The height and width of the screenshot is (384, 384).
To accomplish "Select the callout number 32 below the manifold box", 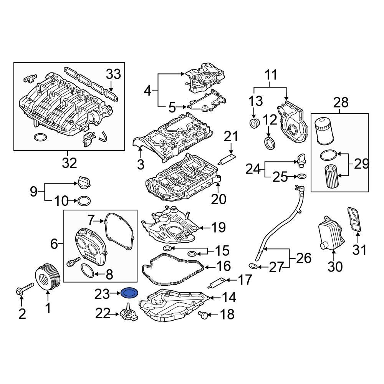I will [70, 163].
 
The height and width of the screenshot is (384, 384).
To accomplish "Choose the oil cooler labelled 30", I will [331, 233].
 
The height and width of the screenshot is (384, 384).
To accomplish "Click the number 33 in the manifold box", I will [113, 74].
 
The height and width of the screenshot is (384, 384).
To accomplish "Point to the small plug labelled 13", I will [254, 124].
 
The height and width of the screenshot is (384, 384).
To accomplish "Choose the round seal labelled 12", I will [270, 142].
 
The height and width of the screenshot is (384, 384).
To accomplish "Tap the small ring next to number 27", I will [254, 266].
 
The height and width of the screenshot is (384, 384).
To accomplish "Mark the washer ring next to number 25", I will [302, 177].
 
